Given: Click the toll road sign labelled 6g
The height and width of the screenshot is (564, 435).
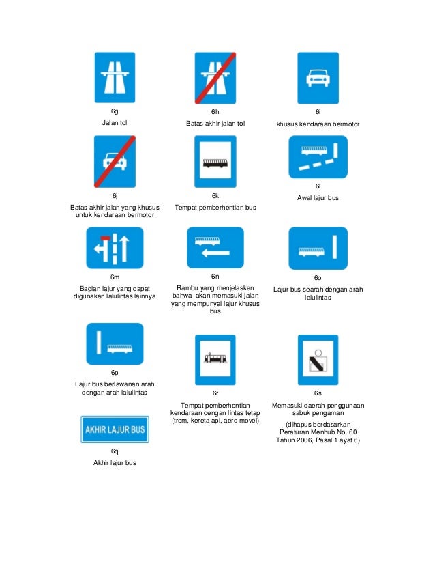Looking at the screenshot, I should pos(115,77).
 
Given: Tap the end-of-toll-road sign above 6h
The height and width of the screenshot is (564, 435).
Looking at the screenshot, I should pos(215,77).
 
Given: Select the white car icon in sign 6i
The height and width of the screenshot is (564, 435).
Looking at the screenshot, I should pos(317,79).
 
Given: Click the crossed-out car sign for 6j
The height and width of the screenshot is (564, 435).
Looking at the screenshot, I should pos(115,161).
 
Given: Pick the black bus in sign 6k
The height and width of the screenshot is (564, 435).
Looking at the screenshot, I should pos(215,164).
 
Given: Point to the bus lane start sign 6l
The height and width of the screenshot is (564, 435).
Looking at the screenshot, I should pos(317,156).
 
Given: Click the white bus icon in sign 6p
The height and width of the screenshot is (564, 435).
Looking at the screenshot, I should pos(120,348).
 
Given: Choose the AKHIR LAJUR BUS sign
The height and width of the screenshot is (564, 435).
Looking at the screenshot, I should pos(115,429).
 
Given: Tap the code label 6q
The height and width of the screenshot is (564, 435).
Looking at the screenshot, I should pos(115,451).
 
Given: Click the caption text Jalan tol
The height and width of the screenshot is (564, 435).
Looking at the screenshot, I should pos(115,122).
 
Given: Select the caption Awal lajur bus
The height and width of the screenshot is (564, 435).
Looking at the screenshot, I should pos(318,198).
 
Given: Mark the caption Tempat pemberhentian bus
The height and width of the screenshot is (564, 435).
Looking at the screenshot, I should pos(215,207).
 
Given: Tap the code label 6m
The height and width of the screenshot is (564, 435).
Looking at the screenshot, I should pos(115,277).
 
